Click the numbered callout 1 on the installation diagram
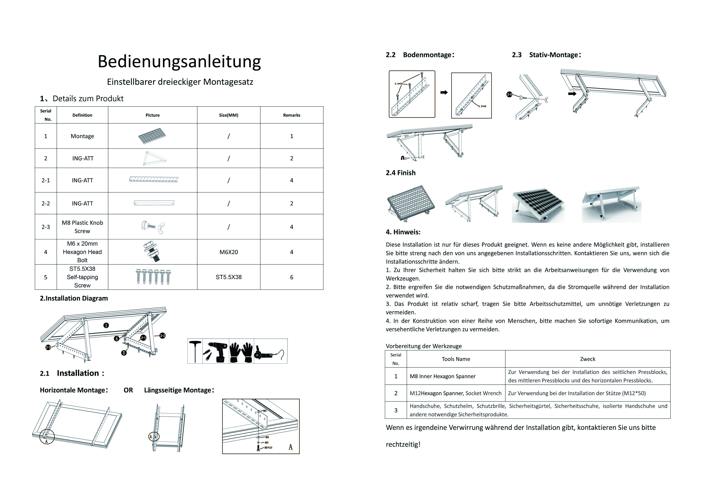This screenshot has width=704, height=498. click(106, 325)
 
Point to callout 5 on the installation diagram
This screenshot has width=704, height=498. click(124, 353)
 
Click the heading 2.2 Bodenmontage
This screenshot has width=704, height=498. click(420, 55)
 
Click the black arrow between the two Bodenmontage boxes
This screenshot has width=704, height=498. click(444, 92)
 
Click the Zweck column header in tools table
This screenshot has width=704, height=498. click(587, 359)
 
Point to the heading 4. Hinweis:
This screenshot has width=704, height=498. click(403, 232)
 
